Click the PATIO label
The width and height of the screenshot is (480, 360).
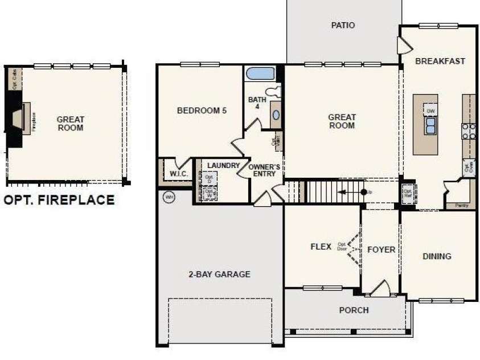point(343,25)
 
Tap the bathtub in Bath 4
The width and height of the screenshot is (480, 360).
point(260,73)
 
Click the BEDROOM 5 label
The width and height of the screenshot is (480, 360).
point(202,111)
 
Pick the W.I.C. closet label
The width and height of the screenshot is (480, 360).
point(175,174)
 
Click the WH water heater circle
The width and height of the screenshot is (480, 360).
point(169,197)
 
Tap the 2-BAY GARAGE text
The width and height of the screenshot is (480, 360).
point(219,274)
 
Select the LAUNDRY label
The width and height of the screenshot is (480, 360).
point(223,165)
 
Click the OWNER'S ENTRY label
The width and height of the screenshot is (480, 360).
point(265,170)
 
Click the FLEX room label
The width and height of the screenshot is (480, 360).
point(321,247)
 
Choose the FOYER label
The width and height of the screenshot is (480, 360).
point(381,249)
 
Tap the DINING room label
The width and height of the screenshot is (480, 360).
point(437,256)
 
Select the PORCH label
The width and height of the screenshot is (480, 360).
point(354,310)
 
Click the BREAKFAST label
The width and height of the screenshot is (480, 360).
point(440,61)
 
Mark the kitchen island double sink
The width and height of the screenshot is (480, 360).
point(430,124)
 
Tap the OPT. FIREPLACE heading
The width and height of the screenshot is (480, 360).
point(59,200)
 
